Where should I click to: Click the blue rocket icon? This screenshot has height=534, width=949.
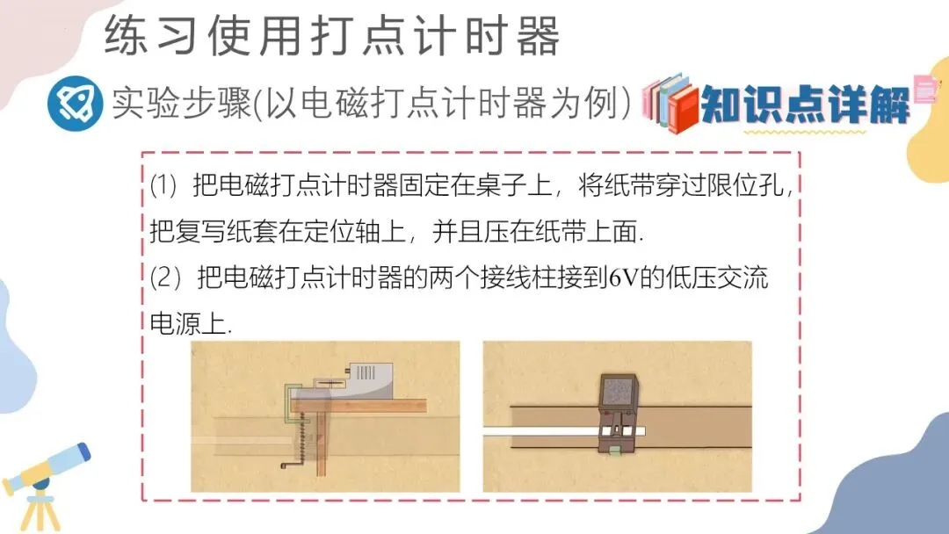coord(76,104)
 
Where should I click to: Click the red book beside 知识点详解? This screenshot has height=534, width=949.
coord(683,109)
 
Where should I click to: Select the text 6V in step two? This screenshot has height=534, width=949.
coord(623,278)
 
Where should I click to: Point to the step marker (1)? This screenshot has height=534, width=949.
coord(163,185)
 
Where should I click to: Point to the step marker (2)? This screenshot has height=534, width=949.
coord(165,278)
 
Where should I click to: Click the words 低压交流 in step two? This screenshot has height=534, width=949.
coord(717,278)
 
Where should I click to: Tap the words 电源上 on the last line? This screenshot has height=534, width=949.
coord(188,325)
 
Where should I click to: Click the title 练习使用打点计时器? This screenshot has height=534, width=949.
coord(331,35)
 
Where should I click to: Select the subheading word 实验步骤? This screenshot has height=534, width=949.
coord(181,103)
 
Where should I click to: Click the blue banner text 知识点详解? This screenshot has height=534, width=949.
coord(806,104)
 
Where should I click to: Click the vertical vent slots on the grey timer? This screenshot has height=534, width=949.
coord(366,372)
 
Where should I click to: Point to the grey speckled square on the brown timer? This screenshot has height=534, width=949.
coord(618,392)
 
